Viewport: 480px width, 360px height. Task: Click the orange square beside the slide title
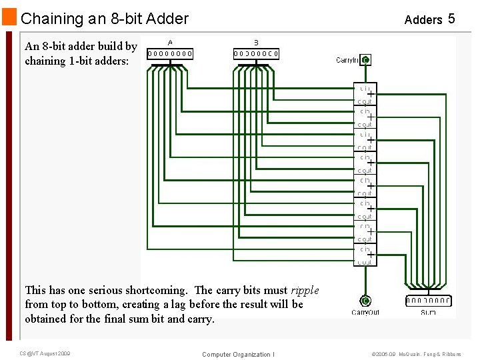[9, 18]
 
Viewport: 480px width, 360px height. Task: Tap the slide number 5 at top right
[451, 19]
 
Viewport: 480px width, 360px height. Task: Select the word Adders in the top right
[423, 20]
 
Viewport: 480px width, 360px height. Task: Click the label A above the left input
[170, 43]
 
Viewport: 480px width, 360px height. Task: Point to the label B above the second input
[256, 43]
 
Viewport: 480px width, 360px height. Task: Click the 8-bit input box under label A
[170, 53]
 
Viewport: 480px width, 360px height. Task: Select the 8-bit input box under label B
[256, 53]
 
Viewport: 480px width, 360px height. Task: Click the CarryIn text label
[347, 60]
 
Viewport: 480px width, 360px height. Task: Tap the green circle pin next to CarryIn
[365, 60]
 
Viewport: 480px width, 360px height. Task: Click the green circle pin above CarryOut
[365, 300]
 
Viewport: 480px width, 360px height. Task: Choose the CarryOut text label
[365, 312]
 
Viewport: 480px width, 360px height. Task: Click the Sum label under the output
[428, 312]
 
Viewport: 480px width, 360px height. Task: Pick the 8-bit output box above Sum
[428, 301]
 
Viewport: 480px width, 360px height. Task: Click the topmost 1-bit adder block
[365, 94]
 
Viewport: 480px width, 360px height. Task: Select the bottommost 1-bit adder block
[365, 255]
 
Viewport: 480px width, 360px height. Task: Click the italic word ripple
[305, 290]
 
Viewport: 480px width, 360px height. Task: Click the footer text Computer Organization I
[238, 354]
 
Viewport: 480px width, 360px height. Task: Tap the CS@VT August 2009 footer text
[45, 353]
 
